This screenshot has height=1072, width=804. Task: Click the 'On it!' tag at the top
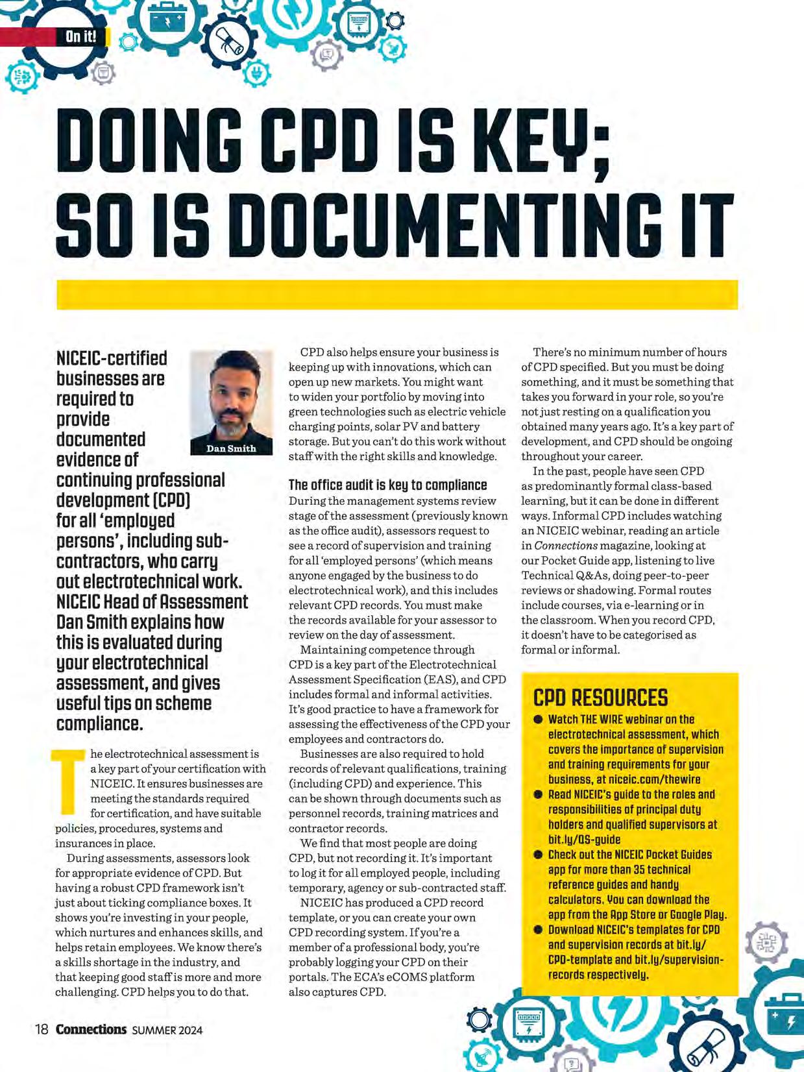(80, 36)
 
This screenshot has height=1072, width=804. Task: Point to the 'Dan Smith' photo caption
(231, 448)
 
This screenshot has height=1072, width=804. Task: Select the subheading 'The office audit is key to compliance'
(387, 485)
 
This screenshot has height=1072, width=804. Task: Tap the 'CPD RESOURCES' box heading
(600, 698)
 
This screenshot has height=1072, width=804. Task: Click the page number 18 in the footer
(42, 1029)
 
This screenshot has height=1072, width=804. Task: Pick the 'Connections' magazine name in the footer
(91, 1029)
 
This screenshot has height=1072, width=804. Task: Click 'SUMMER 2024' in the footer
(167, 1030)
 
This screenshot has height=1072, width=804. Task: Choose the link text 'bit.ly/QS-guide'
(584, 839)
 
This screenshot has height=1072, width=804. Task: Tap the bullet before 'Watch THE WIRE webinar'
(538, 720)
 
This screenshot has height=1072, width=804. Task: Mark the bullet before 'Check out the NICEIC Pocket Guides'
(538, 855)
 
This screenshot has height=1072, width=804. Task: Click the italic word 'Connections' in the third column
(566, 545)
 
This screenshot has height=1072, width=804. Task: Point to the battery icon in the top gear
(167, 19)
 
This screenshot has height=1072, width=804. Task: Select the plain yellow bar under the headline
(397, 295)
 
